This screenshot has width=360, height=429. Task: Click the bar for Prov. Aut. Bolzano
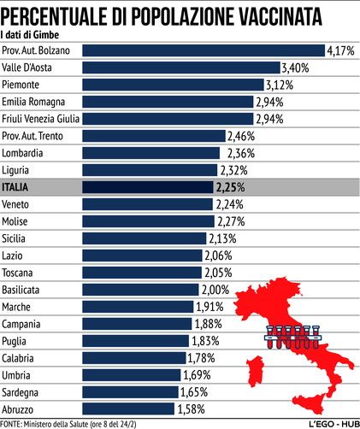pyautogui.click(x=204, y=50)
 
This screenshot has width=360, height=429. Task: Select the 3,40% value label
pyautogui.click(x=295, y=68)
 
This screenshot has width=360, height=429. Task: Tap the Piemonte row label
pyautogui.click(x=21, y=85)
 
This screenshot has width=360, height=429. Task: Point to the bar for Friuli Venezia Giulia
pyautogui.click(x=168, y=119)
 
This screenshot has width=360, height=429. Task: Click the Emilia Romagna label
pyautogui.click(x=33, y=102)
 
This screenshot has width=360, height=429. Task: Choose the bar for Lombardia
pyautogui.click(x=151, y=153)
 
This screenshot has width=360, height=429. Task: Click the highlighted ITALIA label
pyautogui.click(x=15, y=187)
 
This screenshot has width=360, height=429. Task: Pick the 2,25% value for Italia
pyautogui.click(x=230, y=187)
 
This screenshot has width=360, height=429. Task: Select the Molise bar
pyautogui.click(x=148, y=221)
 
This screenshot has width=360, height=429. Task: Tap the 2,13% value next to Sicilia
pyautogui.click(x=222, y=238)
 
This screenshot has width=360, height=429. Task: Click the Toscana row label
pyautogui.click(x=17, y=273)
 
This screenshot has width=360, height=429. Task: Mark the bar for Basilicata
pyautogui.click(x=140, y=290)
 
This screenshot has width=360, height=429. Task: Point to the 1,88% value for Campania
pyautogui.click(x=209, y=324)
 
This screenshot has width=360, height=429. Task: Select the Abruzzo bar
pyautogui.click(x=128, y=408)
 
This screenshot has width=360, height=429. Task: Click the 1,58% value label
pyautogui.click(x=191, y=409)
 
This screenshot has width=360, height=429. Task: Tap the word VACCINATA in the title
pyautogui.click(x=280, y=16)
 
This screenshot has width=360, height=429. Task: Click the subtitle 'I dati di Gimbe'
pyautogui.click(x=30, y=35)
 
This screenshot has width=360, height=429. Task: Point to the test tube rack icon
pyautogui.click(x=292, y=337)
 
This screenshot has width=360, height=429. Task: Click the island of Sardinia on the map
pyautogui.click(x=256, y=372)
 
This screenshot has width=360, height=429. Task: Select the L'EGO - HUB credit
pyautogui.click(x=333, y=424)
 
